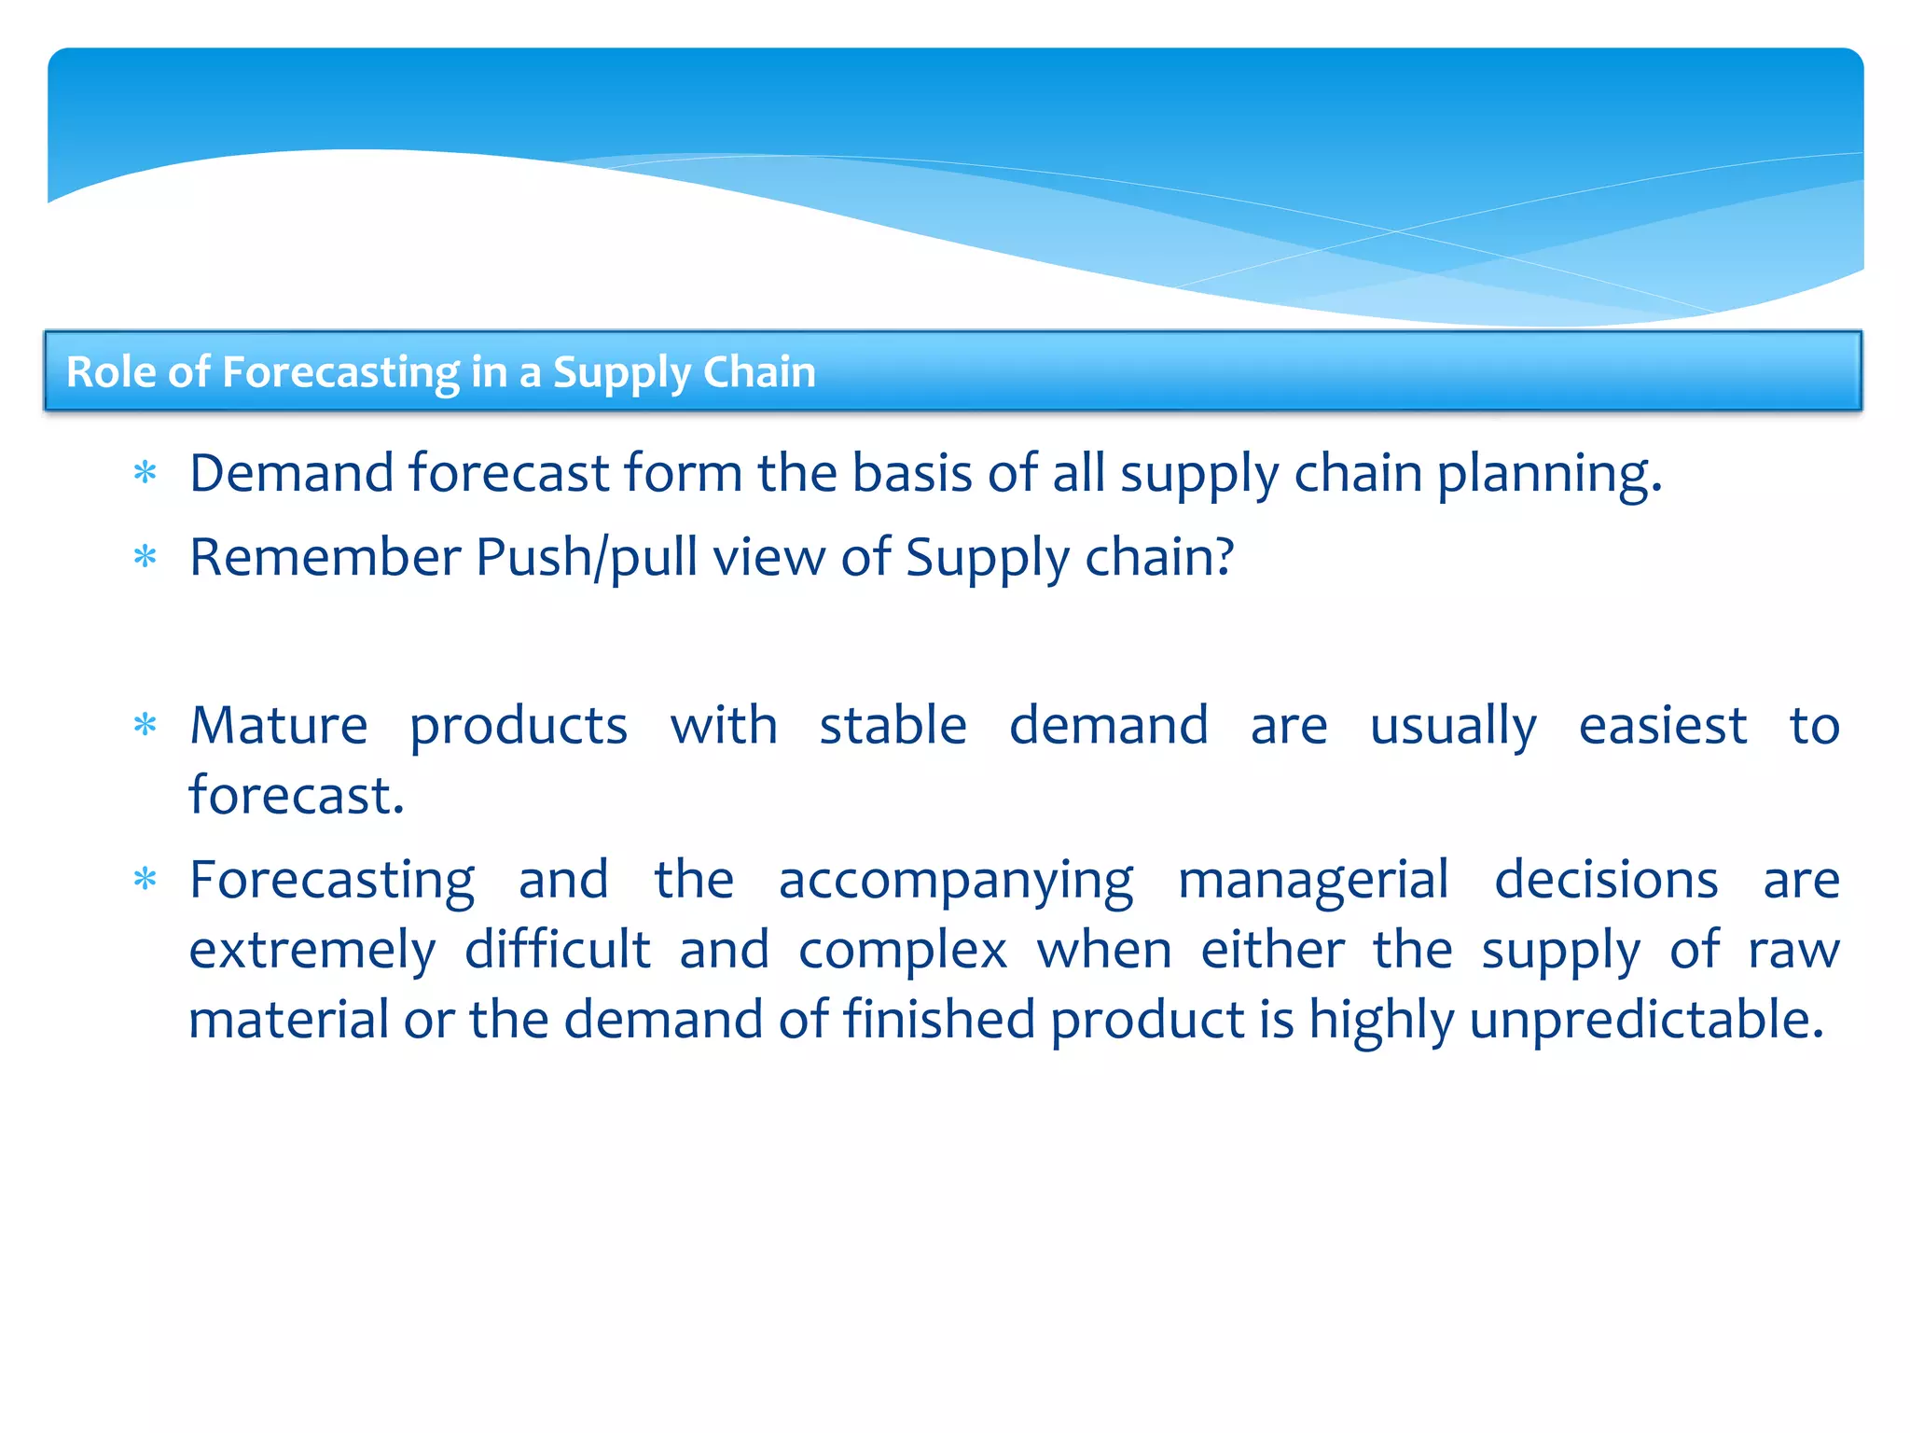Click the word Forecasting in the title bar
pyautogui.click(x=340, y=373)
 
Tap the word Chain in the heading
pyautogui.click(x=759, y=372)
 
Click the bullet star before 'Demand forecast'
pyautogui.click(x=145, y=473)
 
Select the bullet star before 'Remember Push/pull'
pyautogui.click(x=145, y=558)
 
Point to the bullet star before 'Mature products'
pyautogui.click(x=145, y=725)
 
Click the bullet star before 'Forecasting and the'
pyautogui.click(x=145, y=880)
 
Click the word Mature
pyautogui.click(x=279, y=726)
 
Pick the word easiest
pyautogui.click(x=1662, y=726)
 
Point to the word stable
pyautogui.click(x=893, y=726)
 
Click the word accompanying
pyautogui.click(x=956, y=882)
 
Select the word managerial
pyautogui.click(x=1313, y=882)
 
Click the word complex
pyautogui.click(x=903, y=951)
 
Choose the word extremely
pyautogui.click(x=311, y=951)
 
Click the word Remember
pyautogui.click(x=325, y=558)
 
